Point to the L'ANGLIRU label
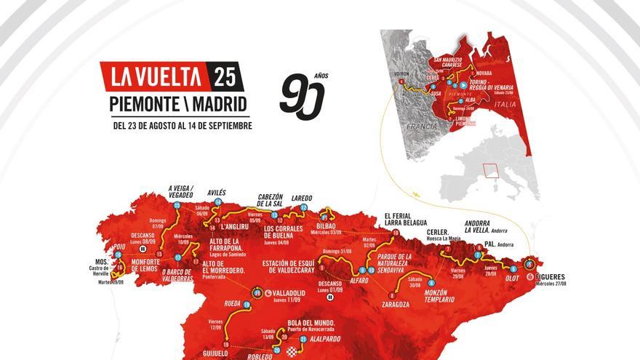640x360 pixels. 235,226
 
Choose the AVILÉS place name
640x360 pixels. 216,193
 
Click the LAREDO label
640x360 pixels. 301,197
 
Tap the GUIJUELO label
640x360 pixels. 226,353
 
